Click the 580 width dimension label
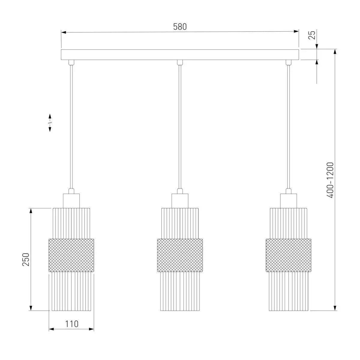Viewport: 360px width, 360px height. pyautogui.click(x=180, y=27)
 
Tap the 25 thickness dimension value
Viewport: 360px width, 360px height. pyautogui.click(x=312, y=35)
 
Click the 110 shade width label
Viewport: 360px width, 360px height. pyautogui.click(x=72, y=324)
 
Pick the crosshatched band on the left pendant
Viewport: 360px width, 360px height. pyautogui.click(x=71, y=255)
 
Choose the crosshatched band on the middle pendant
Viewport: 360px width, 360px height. pyautogui.click(x=180, y=255)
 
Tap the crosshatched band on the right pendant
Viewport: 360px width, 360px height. pyautogui.click(x=288, y=255)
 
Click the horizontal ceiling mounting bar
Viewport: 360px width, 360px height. pyautogui.click(x=180, y=55)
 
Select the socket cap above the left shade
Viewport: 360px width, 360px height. pyautogui.click(x=71, y=201)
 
